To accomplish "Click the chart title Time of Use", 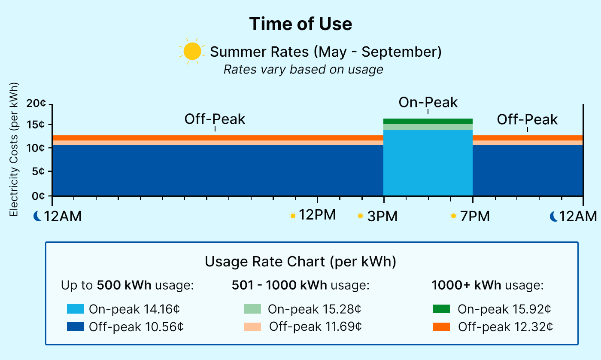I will coord(300,24).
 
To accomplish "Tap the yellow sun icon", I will coord(192,52).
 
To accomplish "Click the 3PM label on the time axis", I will coord(382,217).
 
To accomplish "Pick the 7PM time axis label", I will coord(474,217).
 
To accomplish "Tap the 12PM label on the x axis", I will coord(317,215).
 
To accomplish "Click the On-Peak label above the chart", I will coord(428,103).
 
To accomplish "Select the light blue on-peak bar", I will coord(428,163).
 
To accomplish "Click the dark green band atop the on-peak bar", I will coord(428,121).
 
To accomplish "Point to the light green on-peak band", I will coord(428,127).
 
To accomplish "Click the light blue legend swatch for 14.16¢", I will coord(76,309).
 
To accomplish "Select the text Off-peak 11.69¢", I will coord(316,327).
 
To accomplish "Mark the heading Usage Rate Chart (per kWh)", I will coord(300,261).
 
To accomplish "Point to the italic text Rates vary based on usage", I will coord(303,70).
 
